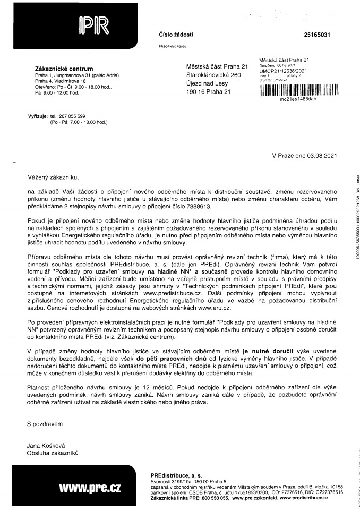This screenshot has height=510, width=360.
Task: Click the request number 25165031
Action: (x=317, y=35)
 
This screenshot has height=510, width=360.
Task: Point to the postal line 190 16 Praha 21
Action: (x=210, y=92)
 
